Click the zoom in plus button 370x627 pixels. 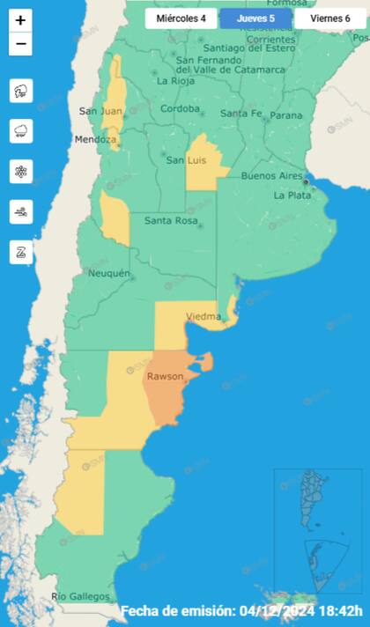[21, 19]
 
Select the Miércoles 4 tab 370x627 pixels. [181, 18]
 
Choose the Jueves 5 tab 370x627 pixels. [255, 18]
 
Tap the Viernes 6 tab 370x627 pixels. [329, 18]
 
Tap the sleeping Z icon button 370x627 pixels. [21, 252]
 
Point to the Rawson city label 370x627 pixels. [165, 376]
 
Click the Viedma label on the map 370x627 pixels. [203, 316]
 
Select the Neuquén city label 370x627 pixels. [109, 273]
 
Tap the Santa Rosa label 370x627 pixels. [170, 220]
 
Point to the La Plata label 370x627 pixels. [292, 195]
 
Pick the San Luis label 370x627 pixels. [187, 159]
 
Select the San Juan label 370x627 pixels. [99, 111]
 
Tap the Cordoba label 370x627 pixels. [180, 109]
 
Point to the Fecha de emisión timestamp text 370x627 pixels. [241, 611]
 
